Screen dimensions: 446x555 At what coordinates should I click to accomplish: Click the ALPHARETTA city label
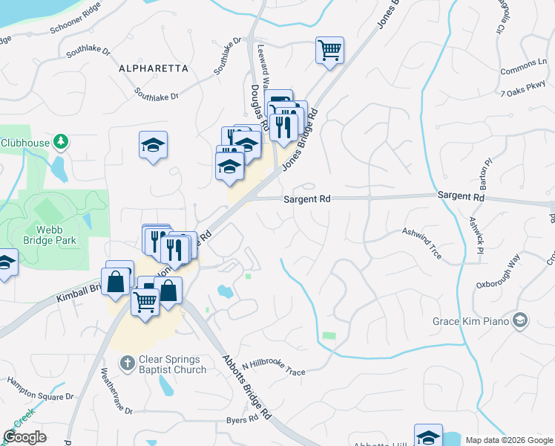tap(153, 68)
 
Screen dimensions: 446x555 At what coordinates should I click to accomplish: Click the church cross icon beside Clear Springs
tap(127, 363)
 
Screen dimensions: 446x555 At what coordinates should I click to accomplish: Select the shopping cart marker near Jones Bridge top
tap(329, 51)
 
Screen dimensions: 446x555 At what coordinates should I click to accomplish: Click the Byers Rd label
tap(242, 419)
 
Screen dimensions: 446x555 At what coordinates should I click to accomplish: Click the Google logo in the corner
tap(24, 437)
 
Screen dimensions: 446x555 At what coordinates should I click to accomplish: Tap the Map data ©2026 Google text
tap(508, 440)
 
